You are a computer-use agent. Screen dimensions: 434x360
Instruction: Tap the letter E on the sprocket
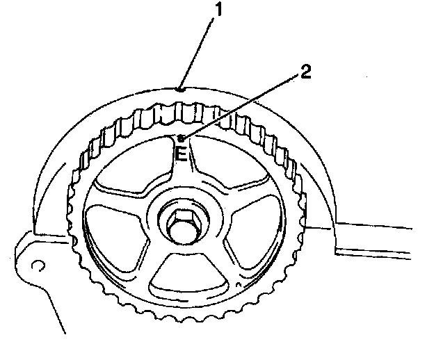pyautogui.click(x=180, y=154)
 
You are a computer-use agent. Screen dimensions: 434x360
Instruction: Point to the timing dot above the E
pyautogui.click(x=180, y=138)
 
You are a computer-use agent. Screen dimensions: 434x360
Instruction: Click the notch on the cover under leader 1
pyautogui.click(x=179, y=88)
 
